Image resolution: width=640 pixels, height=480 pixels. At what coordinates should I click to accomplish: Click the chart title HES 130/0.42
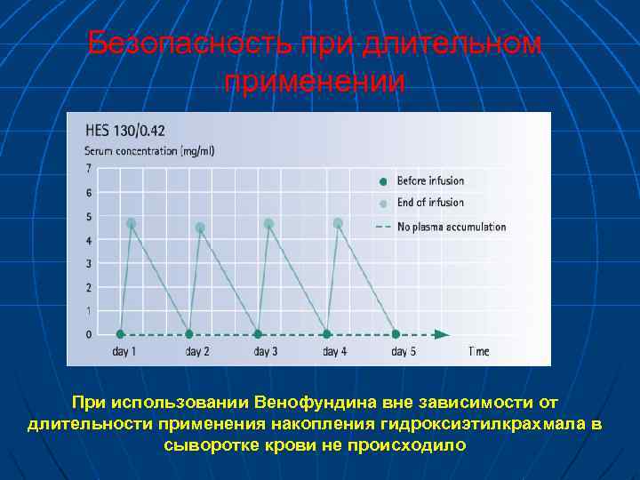(x=119, y=130)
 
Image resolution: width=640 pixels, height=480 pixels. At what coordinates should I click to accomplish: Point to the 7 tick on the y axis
(x=88, y=168)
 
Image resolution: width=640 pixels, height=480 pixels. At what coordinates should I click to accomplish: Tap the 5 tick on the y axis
(x=88, y=216)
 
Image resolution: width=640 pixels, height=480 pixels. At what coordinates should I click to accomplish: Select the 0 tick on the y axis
(x=88, y=334)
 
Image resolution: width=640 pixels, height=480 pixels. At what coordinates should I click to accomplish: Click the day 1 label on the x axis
(x=124, y=352)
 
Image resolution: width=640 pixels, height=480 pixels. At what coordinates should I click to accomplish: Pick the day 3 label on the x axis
(x=265, y=352)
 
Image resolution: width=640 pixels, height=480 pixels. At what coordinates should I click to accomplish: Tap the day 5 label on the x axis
(x=404, y=352)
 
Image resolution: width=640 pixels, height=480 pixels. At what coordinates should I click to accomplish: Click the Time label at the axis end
(x=478, y=352)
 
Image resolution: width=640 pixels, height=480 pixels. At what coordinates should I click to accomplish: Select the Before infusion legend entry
(x=429, y=180)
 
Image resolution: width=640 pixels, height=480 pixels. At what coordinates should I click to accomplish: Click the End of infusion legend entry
(x=429, y=203)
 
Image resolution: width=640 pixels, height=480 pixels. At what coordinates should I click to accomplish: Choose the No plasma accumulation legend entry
(x=451, y=227)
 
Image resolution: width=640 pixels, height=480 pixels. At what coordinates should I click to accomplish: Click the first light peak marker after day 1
(x=132, y=223)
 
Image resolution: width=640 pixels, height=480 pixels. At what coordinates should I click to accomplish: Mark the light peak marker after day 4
(x=338, y=223)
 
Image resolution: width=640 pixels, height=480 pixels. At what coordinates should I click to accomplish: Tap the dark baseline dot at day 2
(x=189, y=334)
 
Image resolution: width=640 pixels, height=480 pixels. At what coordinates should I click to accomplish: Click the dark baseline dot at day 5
(x=396, y=334)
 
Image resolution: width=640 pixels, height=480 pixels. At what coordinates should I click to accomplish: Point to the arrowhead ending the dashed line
(x=442, y=334)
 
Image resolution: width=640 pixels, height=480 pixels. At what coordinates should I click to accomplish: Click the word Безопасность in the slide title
(x=187, y=44)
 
